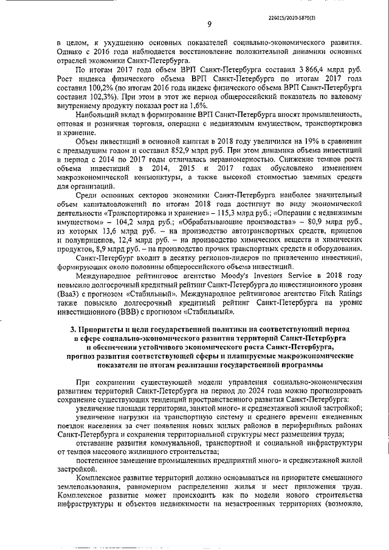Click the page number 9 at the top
click(x=208, y=24)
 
